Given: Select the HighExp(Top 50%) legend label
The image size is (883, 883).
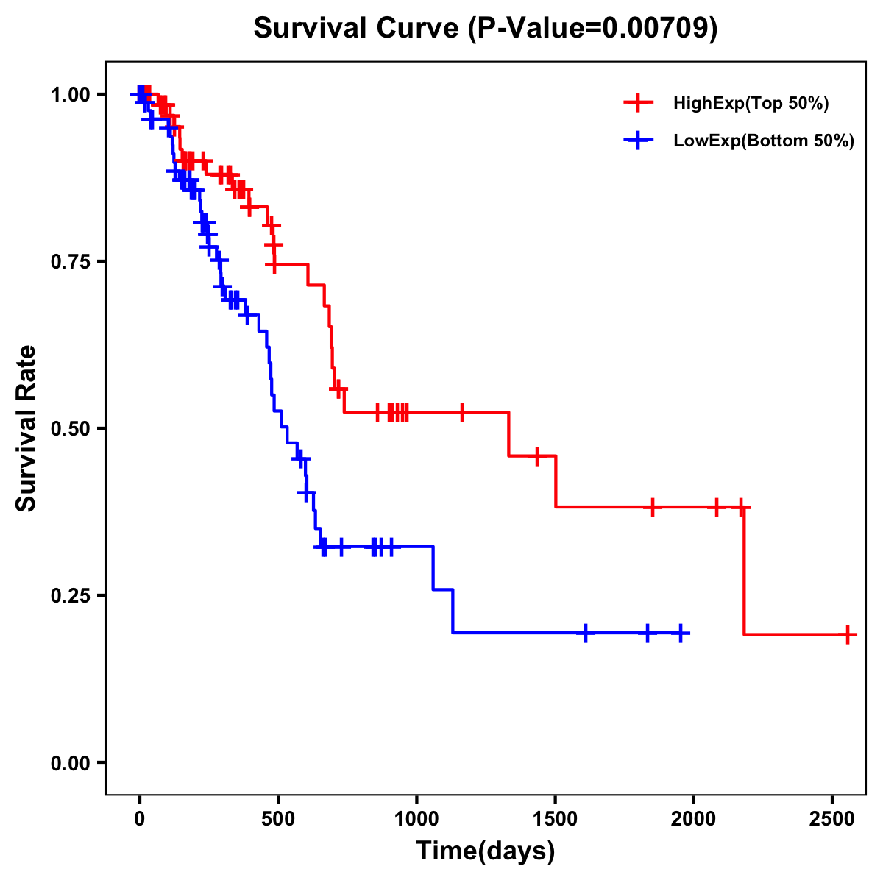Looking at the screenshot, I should pos(751,104).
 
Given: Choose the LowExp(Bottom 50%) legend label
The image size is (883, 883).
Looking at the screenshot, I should pos(764,141).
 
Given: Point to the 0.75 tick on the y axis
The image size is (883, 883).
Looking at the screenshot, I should pos(74,262).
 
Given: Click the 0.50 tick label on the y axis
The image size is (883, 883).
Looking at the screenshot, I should pos(74,429).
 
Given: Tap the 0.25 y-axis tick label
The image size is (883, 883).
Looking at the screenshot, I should pos(74,595).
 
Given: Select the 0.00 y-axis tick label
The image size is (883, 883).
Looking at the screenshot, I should pos(74,763).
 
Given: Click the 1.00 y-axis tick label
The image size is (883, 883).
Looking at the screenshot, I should pos(74,95).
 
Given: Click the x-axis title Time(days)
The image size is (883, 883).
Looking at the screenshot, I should pos(486,851).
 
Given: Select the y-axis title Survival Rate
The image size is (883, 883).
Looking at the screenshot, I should pos(26,428).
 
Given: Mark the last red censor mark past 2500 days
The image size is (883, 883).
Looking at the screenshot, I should pos(848,634).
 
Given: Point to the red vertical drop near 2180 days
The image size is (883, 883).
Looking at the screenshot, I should pos(744,570).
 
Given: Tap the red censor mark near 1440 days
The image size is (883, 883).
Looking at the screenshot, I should pos(537,456).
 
